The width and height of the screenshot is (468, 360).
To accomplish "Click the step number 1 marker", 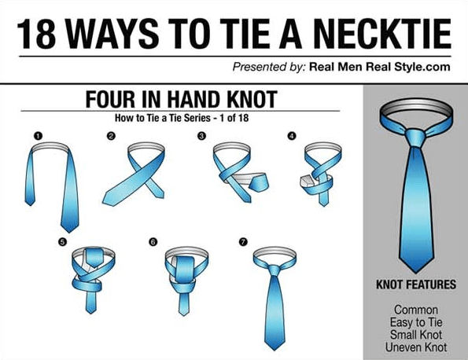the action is (x=38, y=136).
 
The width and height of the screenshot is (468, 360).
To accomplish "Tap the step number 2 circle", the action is (x=111, y=136).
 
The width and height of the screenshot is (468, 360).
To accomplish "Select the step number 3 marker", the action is (x=202, y=136).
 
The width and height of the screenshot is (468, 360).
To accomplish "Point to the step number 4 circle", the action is (x=292, y=136).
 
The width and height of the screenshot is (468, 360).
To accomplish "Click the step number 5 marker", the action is (x=62, y=241).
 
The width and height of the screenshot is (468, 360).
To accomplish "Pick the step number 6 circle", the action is (x=153, y=241).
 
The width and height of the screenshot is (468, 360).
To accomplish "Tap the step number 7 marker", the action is (x=243, y=241).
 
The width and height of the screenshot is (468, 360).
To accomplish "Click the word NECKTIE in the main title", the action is (x=382, y=34).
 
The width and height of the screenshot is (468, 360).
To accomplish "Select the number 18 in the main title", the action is (x=36, y=34).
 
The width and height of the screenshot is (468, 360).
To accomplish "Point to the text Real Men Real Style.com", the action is (x=380, y=67).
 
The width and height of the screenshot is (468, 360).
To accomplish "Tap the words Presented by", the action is (x=269, y=67).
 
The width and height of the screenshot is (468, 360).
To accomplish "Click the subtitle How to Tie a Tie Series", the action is (x=163, y=118).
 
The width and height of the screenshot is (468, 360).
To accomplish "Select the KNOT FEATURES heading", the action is (x=416, y=285).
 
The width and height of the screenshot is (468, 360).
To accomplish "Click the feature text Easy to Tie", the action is (x=416, y=322).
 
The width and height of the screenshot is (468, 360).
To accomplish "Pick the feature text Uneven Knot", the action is (x=416, y=347).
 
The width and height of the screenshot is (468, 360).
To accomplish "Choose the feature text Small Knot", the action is (x=416, y=335).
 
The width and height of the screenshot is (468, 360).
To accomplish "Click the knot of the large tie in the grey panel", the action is (x=415, y=138).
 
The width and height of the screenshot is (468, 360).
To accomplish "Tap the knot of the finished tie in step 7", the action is (x=274, y=270).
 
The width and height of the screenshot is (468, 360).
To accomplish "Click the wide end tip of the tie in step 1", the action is (x=69, y=232).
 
